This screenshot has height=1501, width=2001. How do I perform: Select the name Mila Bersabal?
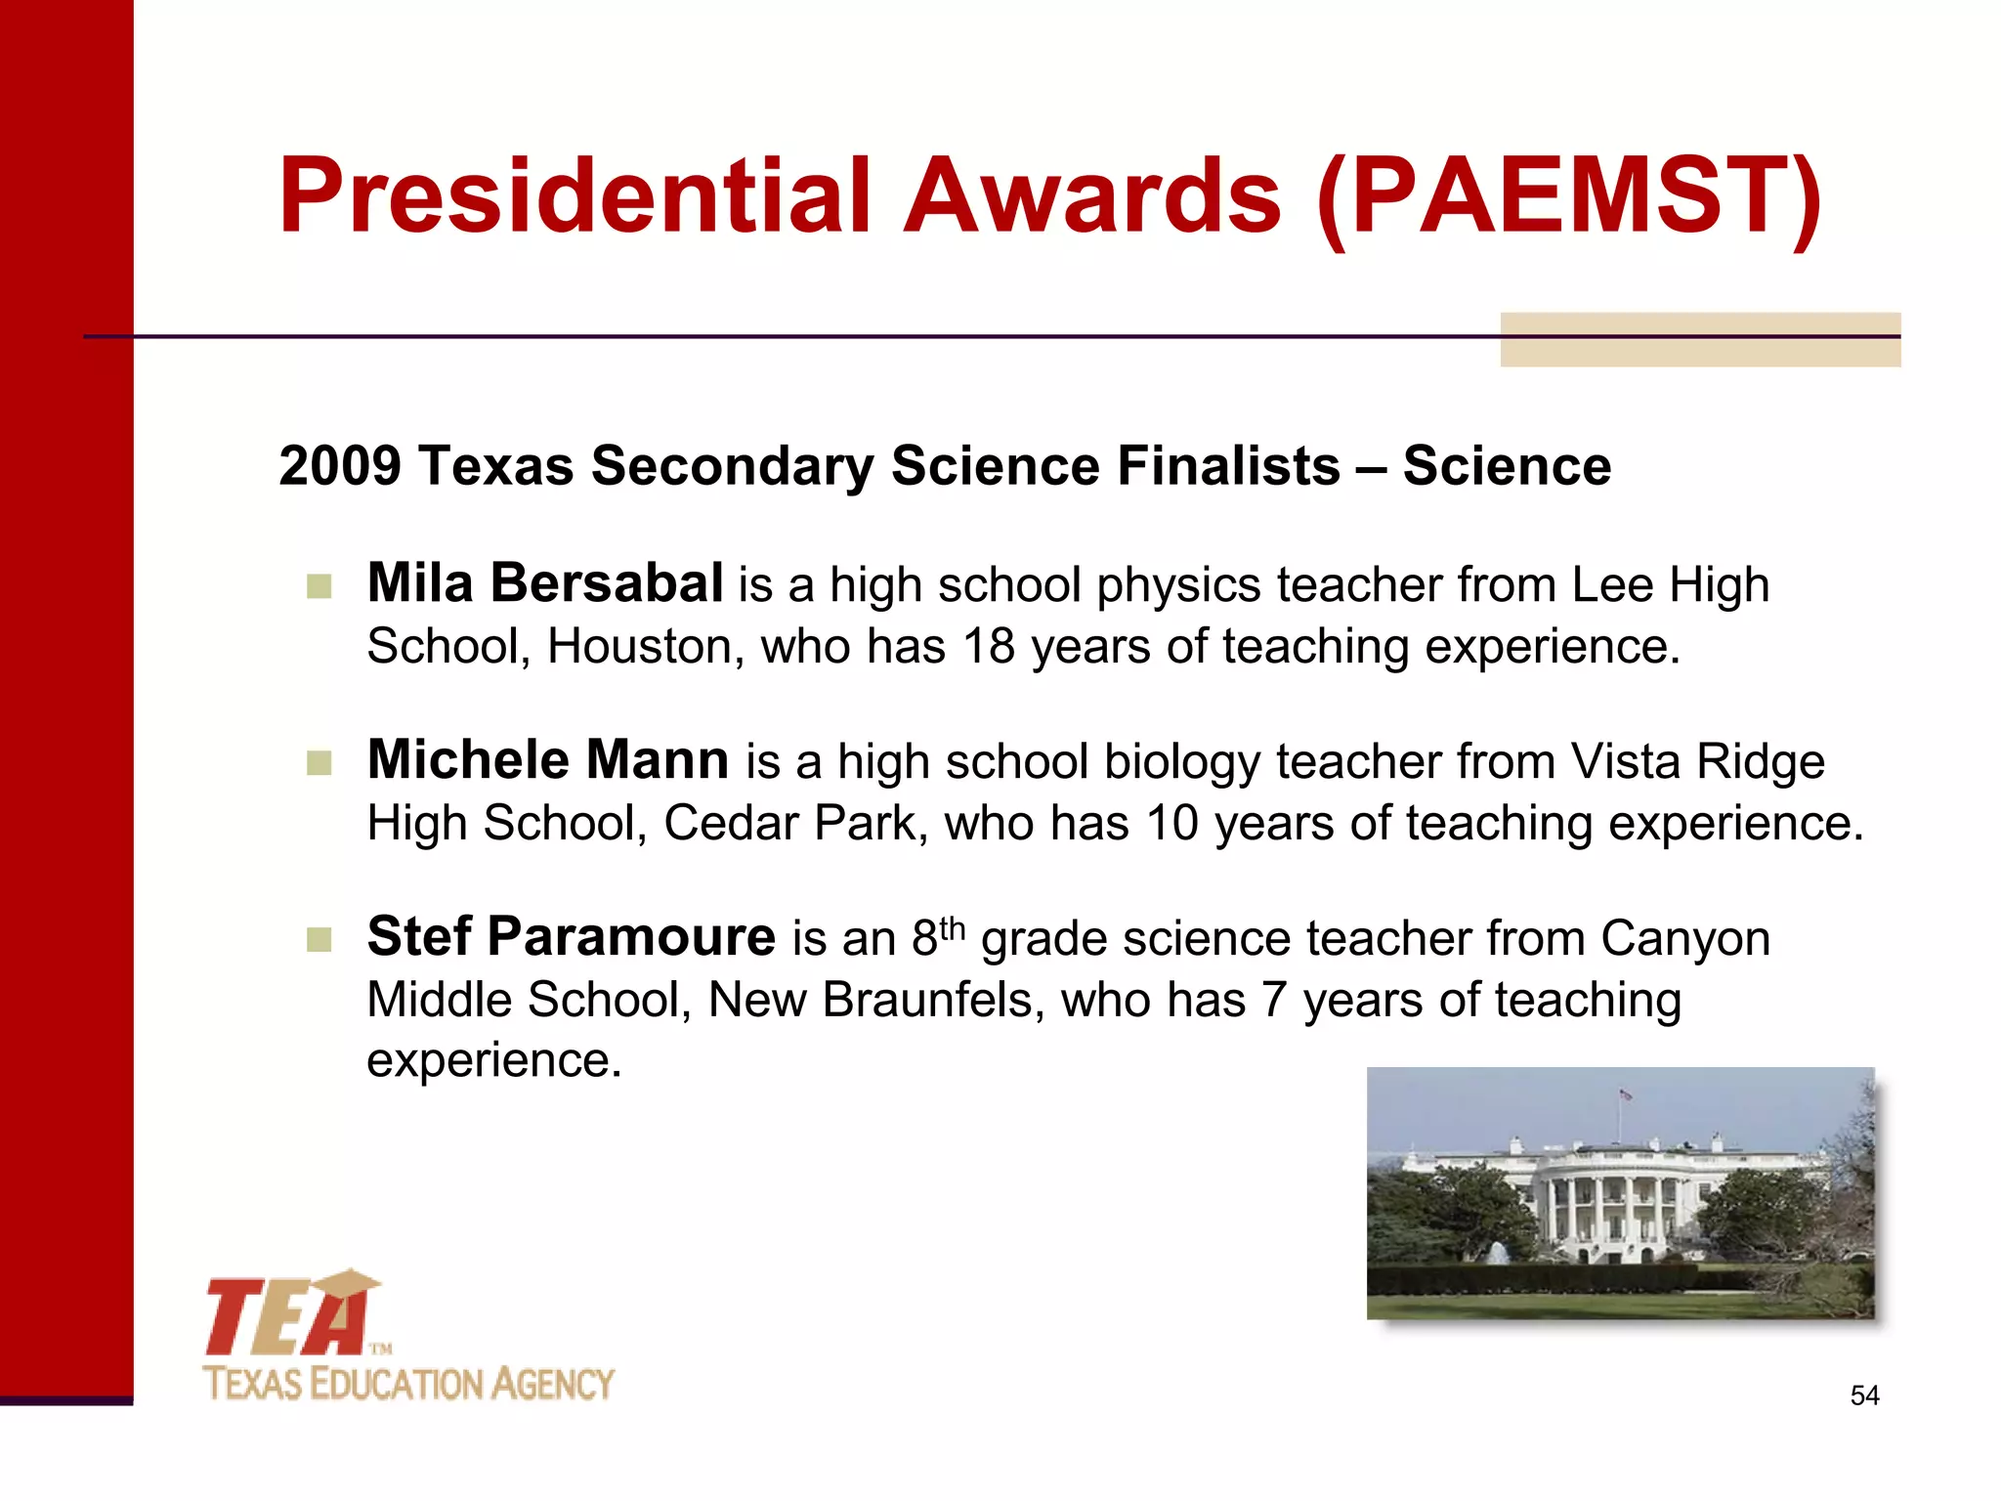[x=545, y=584]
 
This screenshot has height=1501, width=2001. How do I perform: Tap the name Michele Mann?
[x=548, y=760]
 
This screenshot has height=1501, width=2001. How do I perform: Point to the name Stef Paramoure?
[x=572, y=937]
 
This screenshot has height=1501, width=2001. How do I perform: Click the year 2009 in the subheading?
[x=339, y=465]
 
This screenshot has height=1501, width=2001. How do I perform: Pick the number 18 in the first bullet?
[x=988, y=647]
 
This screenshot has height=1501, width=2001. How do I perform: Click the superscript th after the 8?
[x=953, y=927]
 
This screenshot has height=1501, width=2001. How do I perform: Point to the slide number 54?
[x=1864, y=1395]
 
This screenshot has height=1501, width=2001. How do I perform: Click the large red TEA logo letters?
[x=288, y=1317]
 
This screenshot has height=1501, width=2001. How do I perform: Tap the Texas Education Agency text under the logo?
[x=408, y=1385]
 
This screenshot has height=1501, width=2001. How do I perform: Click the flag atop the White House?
[x=1626, y=1095]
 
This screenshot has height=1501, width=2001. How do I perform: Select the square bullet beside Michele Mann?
[x=319, y=763]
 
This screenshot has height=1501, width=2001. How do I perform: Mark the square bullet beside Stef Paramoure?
[x=319, y=940]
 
